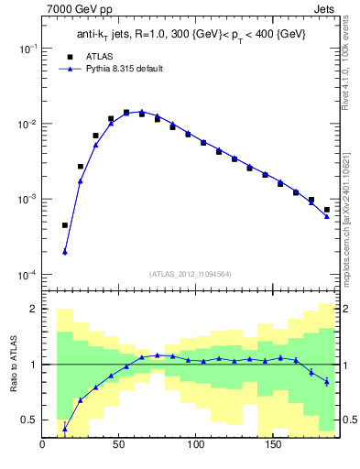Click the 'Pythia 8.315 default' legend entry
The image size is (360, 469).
pos(124,69)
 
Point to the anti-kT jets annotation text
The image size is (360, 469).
pos(191,34)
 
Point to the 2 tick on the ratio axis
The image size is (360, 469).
pos(35,309)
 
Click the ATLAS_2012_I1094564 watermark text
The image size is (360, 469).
pos(191,274)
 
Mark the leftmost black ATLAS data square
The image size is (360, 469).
pos(65,224)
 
